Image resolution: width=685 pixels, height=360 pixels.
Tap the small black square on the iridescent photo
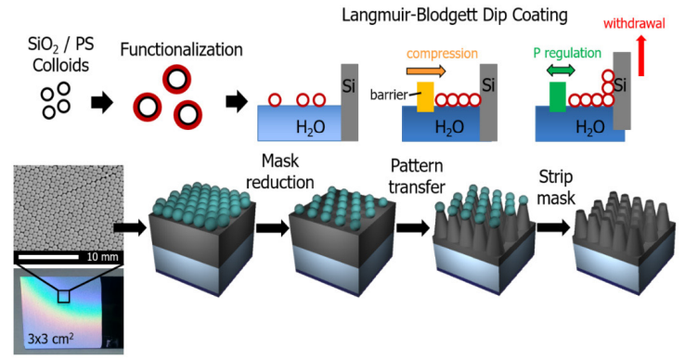tap(63, 296)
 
